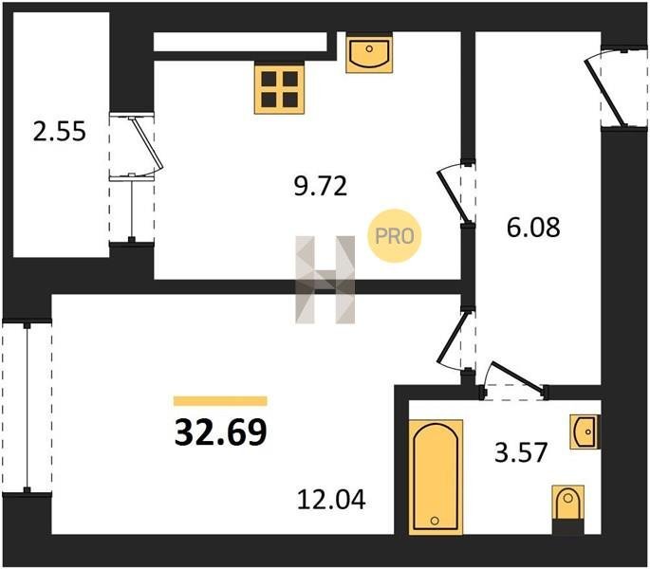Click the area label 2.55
tap(59, 132)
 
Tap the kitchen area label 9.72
tap(320, 186)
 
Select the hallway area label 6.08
tap(533, 227)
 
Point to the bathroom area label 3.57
tap(521, 452)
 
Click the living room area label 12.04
tap(331, 500)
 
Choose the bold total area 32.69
tap(220, 432)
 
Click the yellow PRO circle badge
tap(395, 236)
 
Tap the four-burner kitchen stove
tap(279, 89)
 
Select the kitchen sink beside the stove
tap(369, 52)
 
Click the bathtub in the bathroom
tap(436, 477)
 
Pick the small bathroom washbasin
tap(585, 431)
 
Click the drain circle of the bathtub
tap(435, 521)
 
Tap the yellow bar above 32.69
tap(220, 401)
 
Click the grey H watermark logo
tap(325, 280)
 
